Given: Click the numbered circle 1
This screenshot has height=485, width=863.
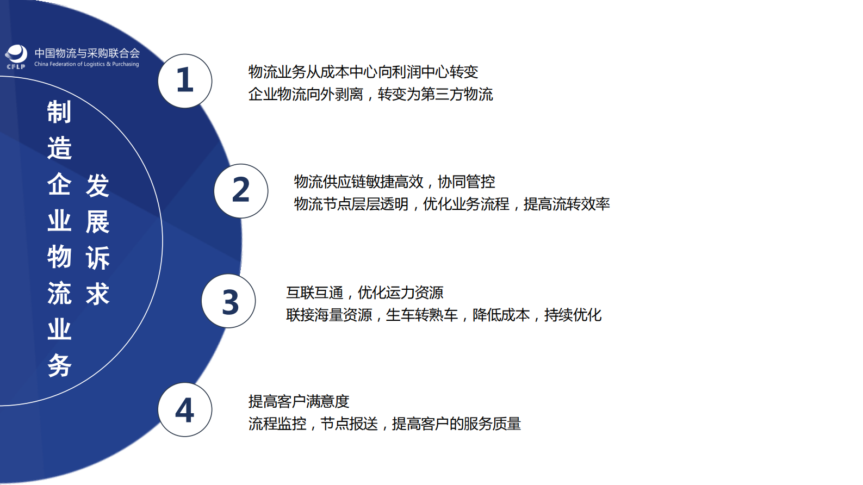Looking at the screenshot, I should (185, 80).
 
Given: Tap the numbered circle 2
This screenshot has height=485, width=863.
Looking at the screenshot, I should (241, 191).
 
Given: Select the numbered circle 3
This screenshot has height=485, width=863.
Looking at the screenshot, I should (228, 301).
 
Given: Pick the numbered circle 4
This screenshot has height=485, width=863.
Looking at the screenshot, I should (185, 409).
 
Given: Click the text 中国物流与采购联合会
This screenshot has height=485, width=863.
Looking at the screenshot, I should (87, 53).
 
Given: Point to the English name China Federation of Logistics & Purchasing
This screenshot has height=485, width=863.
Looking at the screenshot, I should (86, 64).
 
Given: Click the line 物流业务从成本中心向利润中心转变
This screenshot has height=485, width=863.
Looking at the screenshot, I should (363, 72).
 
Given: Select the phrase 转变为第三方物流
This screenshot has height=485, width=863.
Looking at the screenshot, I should (435, 94).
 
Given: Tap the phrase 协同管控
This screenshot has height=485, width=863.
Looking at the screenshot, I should (466, 182).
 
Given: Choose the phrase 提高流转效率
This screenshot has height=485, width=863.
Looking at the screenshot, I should (566, 204).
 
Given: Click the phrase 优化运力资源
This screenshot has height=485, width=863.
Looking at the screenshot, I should (400, 293).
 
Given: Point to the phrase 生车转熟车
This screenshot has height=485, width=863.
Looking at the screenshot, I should (421, 315).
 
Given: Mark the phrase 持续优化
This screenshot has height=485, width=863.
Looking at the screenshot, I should (573, 315).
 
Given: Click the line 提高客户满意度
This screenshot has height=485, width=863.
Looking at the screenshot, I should (299, 401).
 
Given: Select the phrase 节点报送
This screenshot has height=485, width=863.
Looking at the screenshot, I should (349, 424).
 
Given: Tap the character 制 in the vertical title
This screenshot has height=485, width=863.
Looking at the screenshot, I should (59, 112).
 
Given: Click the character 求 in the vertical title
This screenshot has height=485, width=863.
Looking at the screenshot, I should (98, 294).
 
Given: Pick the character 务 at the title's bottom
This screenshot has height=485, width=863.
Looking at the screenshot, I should (59, 365).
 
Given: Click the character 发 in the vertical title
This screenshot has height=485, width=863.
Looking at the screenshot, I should (98, 186).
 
